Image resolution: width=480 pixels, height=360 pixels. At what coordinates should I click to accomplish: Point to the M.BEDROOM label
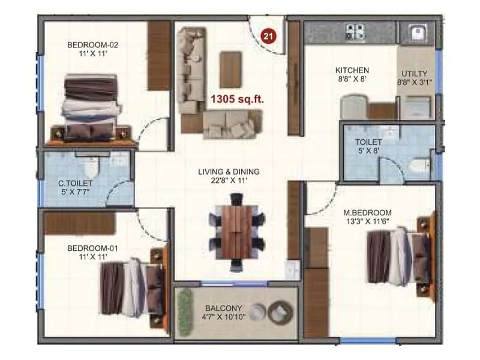pyautogui.click(x=367, y=212)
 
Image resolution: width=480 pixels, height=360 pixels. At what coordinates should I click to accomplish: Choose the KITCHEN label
pyautogui.click(x=352, y=70)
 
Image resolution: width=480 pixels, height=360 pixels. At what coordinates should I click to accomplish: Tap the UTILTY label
pyautogui.click(x=415, y=73)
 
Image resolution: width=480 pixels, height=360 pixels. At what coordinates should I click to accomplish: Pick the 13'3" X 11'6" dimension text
pyautogui.click(x=367, y=222)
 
